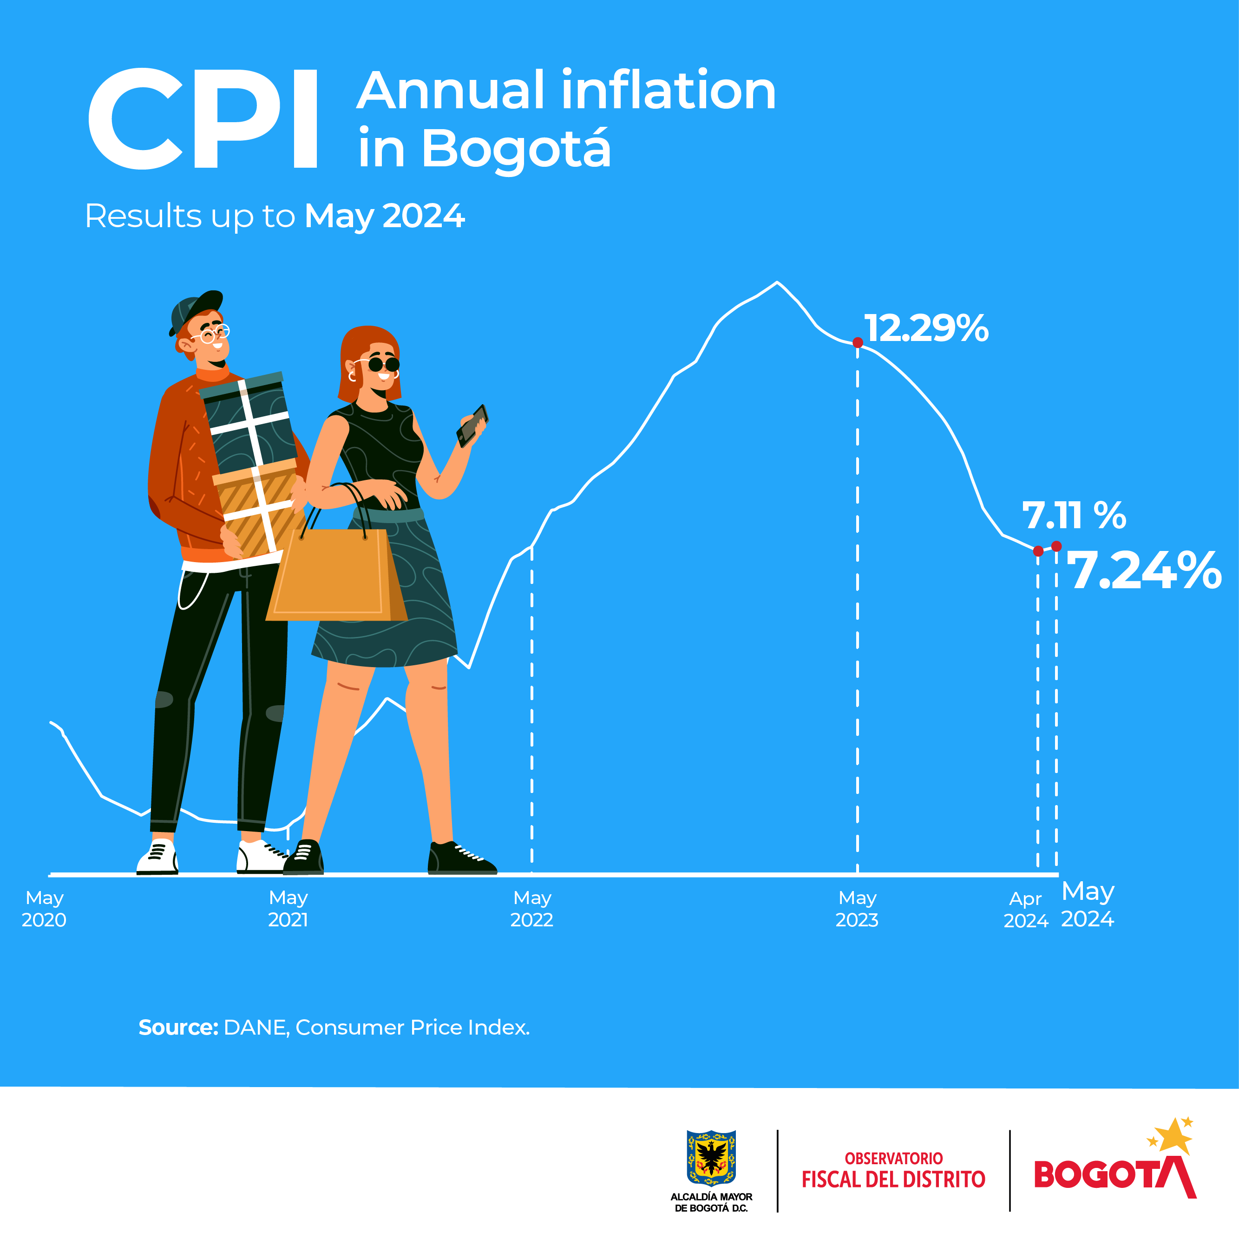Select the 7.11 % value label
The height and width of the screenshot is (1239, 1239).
1074,516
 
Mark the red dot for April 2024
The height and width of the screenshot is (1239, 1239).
1038,551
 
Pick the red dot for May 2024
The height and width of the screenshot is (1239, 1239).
1056,546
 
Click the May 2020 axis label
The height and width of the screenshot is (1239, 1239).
44,909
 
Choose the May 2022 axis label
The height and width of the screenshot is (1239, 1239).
531,909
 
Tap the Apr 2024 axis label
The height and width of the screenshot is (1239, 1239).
1025,909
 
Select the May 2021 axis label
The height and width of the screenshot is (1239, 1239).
288,909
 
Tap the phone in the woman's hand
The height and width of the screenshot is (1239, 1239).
472,425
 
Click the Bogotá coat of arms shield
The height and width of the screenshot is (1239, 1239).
711,1158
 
